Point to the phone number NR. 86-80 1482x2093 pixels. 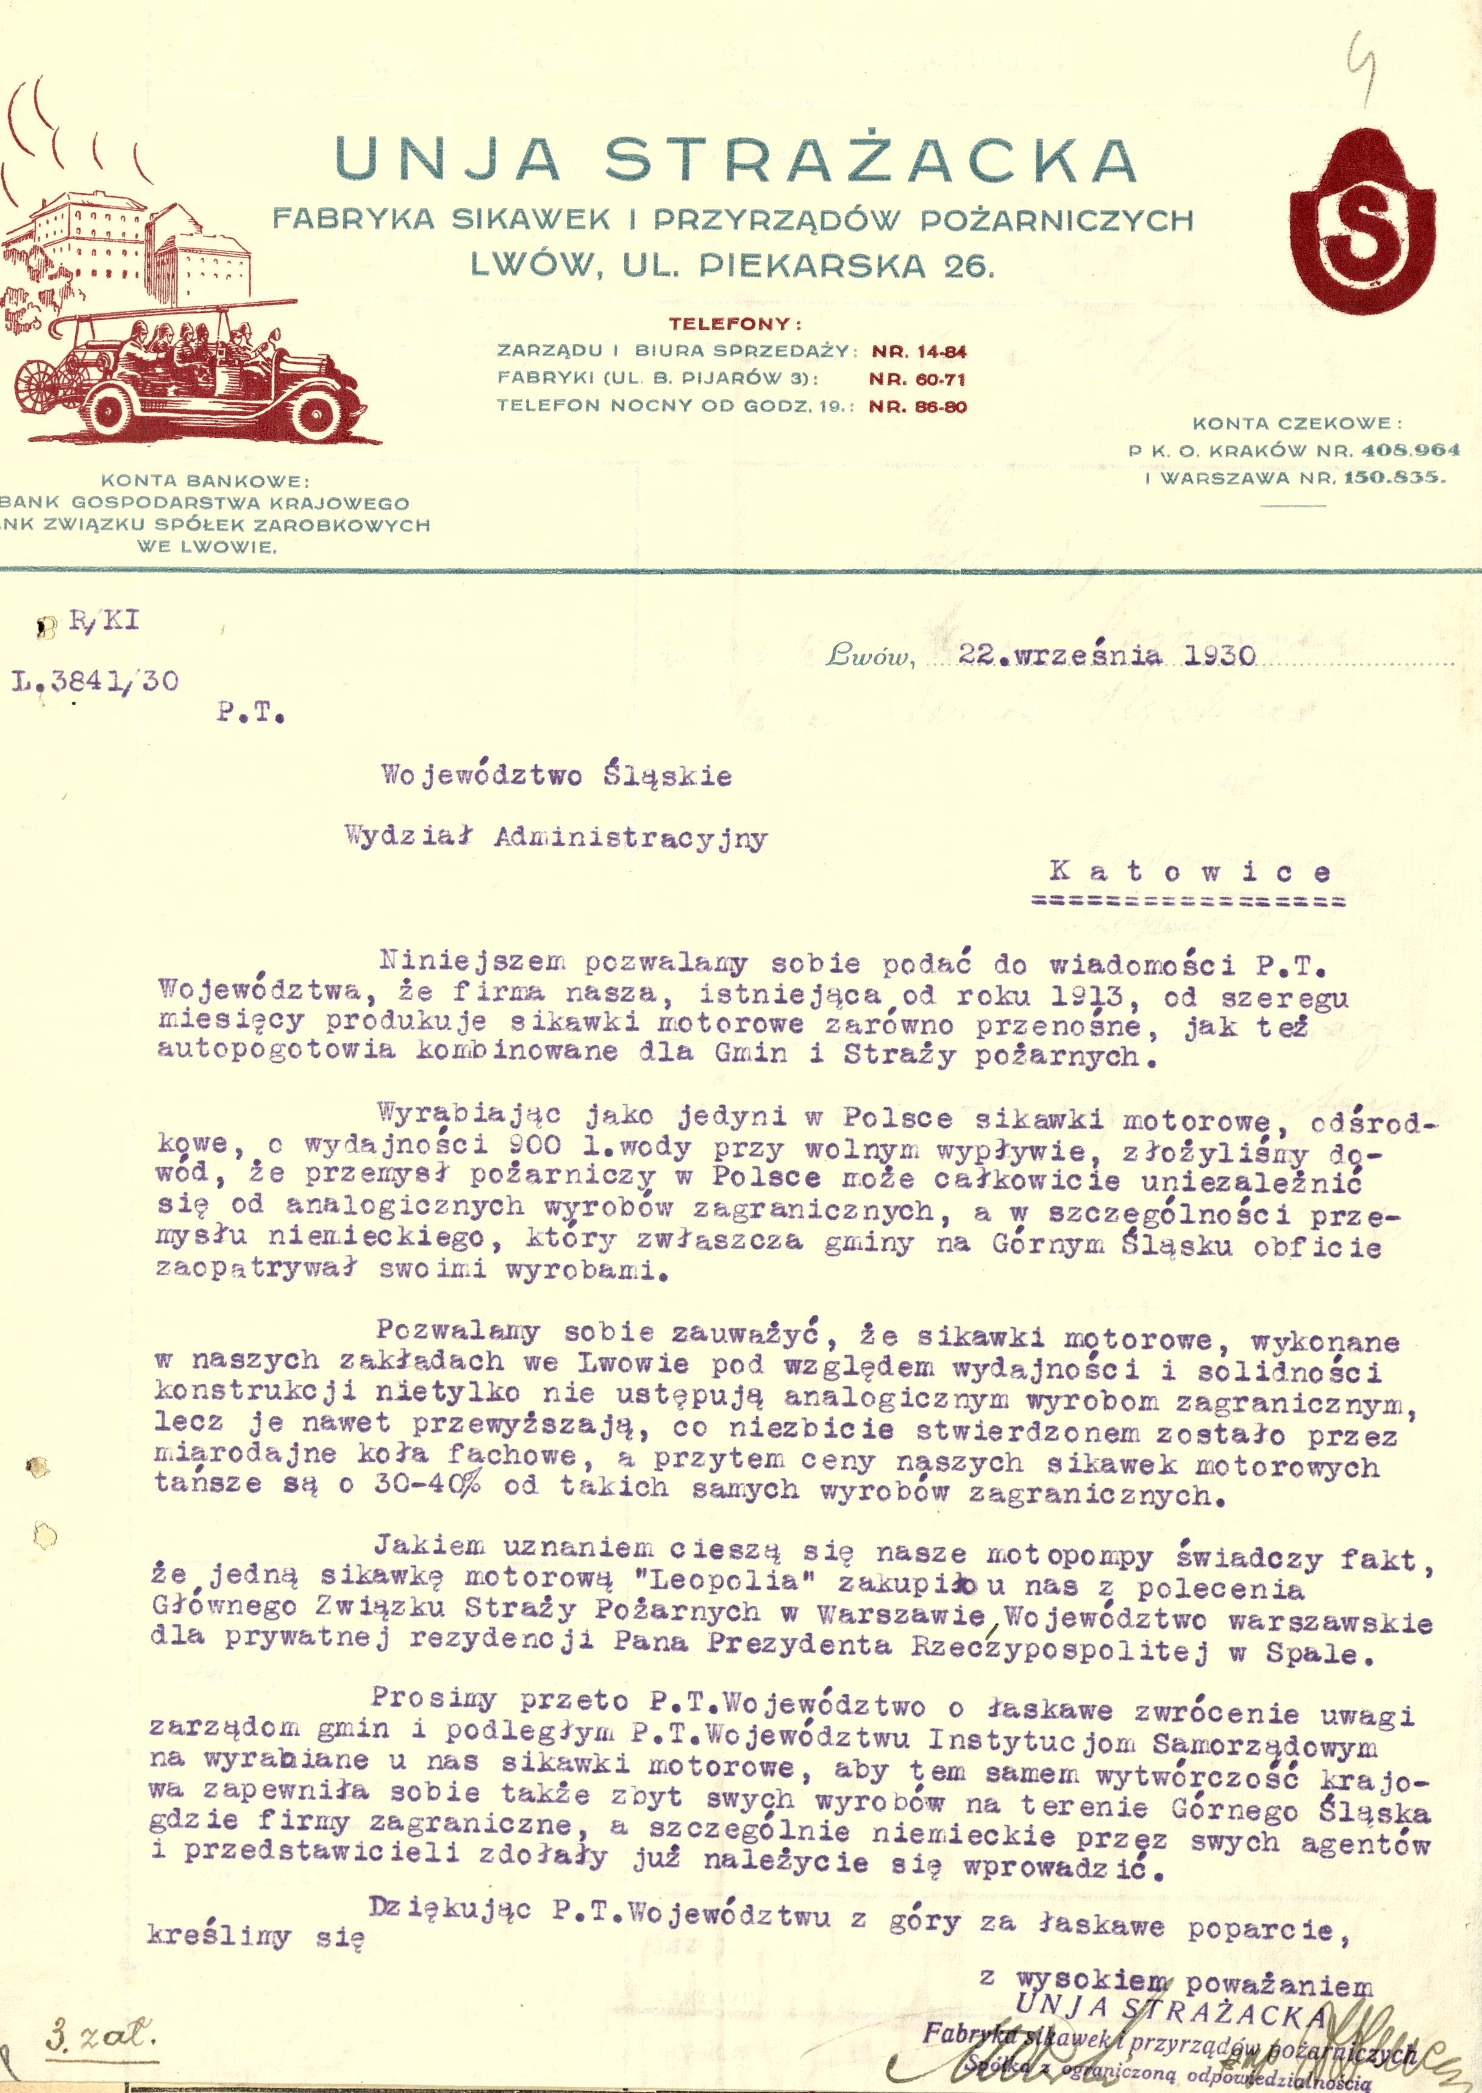(917, 406)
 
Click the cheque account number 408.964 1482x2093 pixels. (1410, 450)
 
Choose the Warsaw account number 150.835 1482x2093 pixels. (1394, 477)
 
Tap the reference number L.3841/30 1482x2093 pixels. (96, 682)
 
